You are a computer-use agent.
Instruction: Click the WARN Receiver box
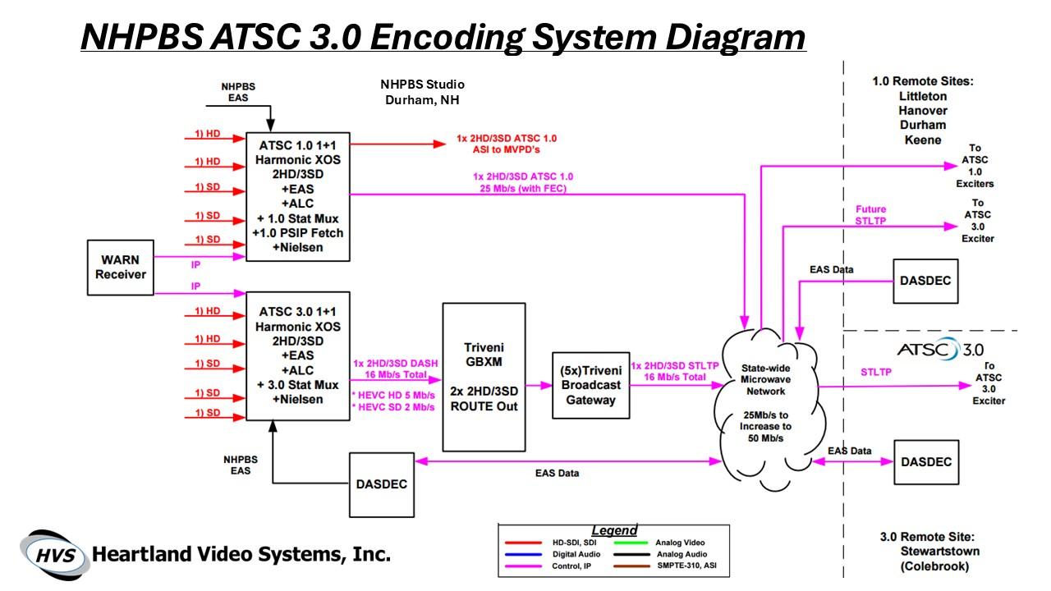[x=120, y=268]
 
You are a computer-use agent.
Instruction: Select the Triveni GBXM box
[x=484, y=377]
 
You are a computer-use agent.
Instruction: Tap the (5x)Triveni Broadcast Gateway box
[x=590, y=385]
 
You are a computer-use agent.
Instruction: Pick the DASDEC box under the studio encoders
[x=382, y=484]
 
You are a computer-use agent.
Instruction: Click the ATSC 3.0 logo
[x=940, y=350]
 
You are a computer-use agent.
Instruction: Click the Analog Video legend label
[x=680, y=543]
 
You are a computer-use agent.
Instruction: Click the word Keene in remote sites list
[x=922, y=140]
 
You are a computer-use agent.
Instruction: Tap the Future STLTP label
[x=870, y=214]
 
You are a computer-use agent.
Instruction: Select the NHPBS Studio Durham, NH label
[x=422, y=92]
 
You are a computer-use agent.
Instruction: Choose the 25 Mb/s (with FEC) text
[x=522, y=189]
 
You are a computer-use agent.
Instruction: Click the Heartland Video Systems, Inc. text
[x=241, y=554]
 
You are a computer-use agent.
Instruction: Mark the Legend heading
[x=613, y=530]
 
